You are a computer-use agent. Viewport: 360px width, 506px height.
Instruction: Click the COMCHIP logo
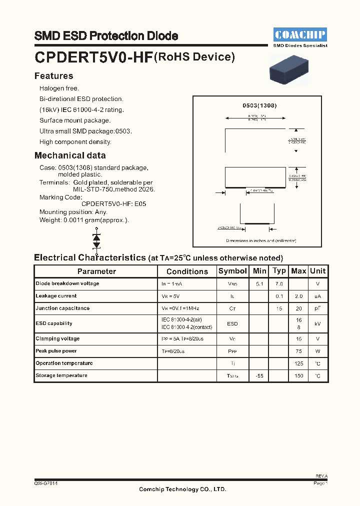click(x=300, y=34)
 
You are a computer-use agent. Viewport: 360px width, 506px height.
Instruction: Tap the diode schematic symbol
click(x=96, y=240)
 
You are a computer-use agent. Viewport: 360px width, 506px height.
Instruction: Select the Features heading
click(x=53, y=76)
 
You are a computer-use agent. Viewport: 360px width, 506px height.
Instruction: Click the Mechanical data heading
click(x=70, y=155)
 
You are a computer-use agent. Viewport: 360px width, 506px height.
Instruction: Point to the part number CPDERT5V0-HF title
click(x=93, y=57)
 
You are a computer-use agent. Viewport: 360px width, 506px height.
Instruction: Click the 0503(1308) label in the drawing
click(x=259, y=105)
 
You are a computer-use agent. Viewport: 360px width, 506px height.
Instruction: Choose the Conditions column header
click(x=187, y=271)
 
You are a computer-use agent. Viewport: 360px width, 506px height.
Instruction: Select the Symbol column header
click(x=232, y=271)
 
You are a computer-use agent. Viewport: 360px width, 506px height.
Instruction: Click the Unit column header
click(x=317, y=271)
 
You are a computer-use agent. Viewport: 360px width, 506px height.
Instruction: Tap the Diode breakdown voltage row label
click(x=67, y=283)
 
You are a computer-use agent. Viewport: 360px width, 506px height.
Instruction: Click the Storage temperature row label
click(x=61, y=375)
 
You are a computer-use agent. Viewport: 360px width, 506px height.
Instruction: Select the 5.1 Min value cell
click(x=259, y=284)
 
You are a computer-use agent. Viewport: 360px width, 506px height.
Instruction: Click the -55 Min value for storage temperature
click(x=259, y=375)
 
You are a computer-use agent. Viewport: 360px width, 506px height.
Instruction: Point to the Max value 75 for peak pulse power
click(x=299, y=351)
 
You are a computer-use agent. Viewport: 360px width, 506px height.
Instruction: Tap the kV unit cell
click(x=317, y=323)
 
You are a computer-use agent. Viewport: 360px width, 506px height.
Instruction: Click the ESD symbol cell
click(x=232, y=323)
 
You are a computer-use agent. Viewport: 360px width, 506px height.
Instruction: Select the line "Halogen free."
click(x=59, y=88)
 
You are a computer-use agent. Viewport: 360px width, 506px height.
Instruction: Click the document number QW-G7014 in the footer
click(x=46, y=483)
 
